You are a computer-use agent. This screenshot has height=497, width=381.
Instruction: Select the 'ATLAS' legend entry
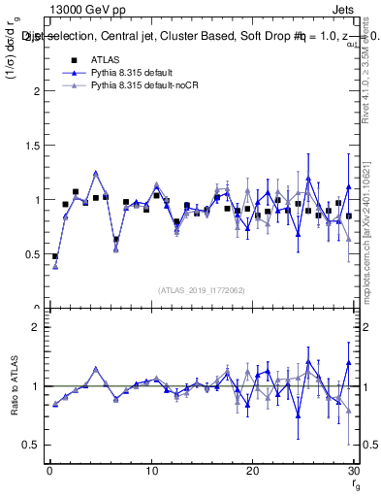[107, 60]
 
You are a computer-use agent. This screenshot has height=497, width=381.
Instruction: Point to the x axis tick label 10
[151, 471]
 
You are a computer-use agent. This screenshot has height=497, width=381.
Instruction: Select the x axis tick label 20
[252, 471]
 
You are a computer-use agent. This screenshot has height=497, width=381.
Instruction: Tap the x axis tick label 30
[354, 471]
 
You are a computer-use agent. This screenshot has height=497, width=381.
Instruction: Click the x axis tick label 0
[49, 471]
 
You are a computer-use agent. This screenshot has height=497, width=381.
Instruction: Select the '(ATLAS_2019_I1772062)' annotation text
[200, 289]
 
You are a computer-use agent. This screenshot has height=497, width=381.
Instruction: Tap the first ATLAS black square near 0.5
[55, 257]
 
